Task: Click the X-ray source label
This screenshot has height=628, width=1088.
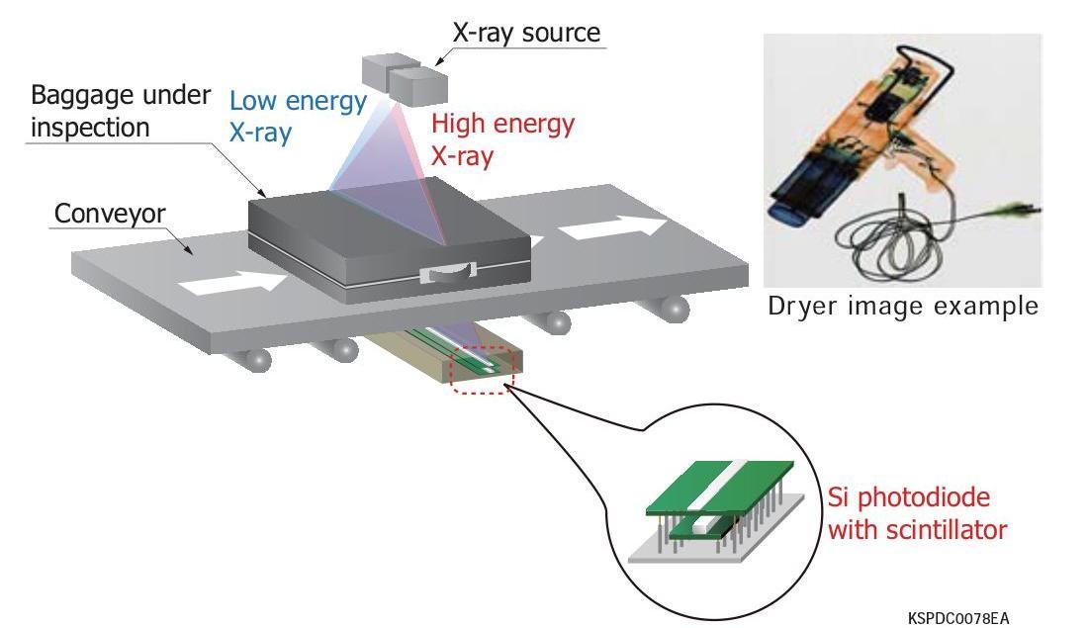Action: coord(525,32)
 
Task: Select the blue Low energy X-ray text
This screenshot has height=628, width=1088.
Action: coord(298,116)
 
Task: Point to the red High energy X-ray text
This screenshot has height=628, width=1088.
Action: coord(502,139)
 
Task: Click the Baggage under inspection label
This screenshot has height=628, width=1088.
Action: coord(121,111)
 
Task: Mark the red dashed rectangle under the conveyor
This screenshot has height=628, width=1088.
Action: coord(482,366)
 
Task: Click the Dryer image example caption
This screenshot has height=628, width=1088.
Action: coord(903,307)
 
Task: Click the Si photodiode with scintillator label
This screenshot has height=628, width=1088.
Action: coord(916,513)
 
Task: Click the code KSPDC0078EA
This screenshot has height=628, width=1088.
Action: coord(958,618)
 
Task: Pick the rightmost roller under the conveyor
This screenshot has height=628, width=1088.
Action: coord(675,309)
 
